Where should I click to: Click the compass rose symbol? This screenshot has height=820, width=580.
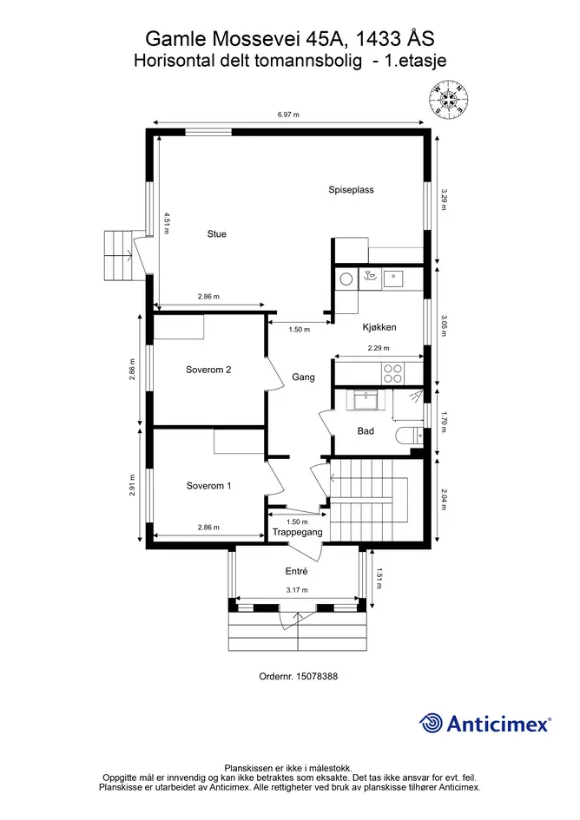448,99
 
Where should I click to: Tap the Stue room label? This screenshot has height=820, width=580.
217,233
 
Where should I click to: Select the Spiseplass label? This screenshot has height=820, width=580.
352,190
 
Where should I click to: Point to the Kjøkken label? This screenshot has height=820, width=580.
379,327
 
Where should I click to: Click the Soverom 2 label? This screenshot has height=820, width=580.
208,370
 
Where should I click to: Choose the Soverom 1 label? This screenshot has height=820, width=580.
208,486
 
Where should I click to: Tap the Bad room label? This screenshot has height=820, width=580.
366,431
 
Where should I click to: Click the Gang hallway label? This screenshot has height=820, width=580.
303,377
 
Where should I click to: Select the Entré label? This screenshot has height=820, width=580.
296,571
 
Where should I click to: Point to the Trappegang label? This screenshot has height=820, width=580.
297,533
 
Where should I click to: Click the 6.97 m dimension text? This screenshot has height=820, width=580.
288,115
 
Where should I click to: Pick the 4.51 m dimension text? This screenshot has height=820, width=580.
167,222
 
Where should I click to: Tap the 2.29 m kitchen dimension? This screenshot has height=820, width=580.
379,348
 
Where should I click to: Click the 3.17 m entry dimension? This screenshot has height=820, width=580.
297,590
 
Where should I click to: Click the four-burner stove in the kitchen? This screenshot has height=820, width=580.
392,373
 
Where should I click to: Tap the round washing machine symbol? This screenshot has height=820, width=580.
346,279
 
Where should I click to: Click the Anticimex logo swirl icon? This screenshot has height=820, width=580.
432,724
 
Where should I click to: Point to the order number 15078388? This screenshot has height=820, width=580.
317,676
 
